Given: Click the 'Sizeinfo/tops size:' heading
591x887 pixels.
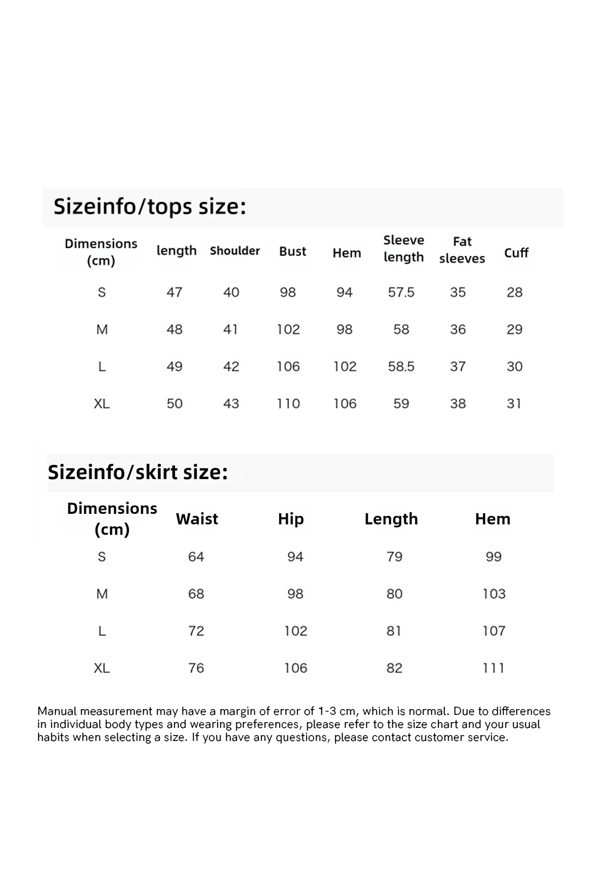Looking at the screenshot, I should tap(150, 207).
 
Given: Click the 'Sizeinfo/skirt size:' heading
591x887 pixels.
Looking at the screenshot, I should tap(138, 472).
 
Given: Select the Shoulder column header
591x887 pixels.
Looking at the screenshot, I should tap(235, 251).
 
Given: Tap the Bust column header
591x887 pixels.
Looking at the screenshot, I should tap(293, 251).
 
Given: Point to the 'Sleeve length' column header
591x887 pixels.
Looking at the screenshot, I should tap(404, 248).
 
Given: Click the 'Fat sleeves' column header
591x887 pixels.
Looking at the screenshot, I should tap(462, 250).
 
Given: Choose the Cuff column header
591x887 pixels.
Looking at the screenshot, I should tap(516, 252).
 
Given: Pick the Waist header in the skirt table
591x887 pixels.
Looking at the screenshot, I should tap(197, 519).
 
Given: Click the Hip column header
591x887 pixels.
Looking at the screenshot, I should tap(291, 519).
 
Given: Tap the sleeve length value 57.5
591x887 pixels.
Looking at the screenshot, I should tap(401, 292).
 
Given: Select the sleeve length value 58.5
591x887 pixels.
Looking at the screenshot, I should tap(401, 367).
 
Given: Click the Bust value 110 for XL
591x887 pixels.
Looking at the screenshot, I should tap(288, 404).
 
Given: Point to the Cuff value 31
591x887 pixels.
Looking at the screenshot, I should tap(514, 404).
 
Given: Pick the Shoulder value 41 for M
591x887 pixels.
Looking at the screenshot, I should tap(230, 329).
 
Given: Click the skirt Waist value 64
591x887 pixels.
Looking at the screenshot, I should tap(196, 556).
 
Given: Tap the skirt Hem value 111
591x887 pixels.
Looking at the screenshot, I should tap(493, 668).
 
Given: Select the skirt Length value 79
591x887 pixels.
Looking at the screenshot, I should tap(394, 556).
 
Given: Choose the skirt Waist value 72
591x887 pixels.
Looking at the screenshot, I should tap(196, 631).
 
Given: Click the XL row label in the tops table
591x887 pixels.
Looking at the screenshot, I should tap(102, 404).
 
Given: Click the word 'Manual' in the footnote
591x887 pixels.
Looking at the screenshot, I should tap(57, 711).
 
